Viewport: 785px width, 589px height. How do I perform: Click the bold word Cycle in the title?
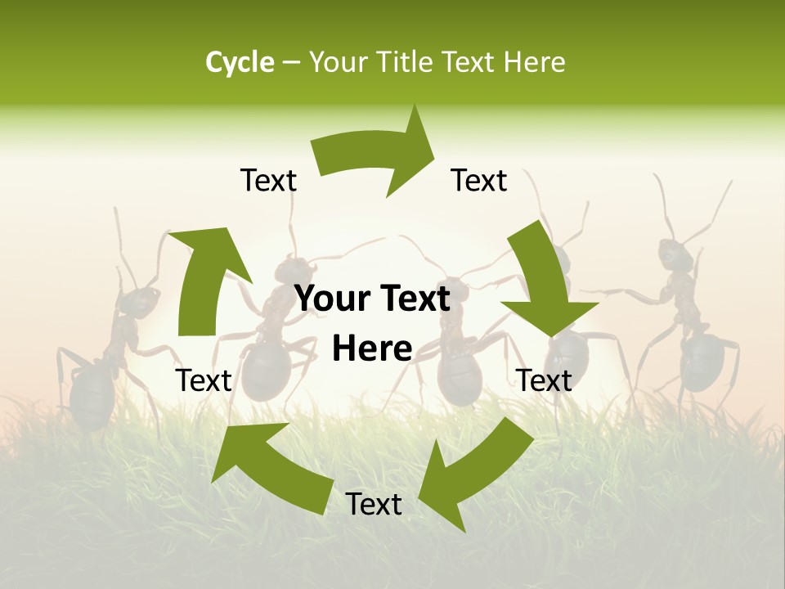point(240,62)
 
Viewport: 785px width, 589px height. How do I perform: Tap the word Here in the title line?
point(534,62)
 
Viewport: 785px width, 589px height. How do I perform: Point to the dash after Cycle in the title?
point(291,63)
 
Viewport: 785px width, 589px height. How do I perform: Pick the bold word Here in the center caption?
point(372,349)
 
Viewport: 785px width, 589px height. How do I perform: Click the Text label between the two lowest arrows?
point(374,505)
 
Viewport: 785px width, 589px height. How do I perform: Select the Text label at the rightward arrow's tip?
point(479,180)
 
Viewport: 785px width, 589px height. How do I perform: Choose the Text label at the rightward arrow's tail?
point(268,180)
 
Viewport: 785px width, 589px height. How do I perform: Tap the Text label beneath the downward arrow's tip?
point(545,380)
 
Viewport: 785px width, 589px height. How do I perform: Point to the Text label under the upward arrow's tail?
point(204,380)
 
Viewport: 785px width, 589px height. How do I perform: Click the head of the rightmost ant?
point(676,258)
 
